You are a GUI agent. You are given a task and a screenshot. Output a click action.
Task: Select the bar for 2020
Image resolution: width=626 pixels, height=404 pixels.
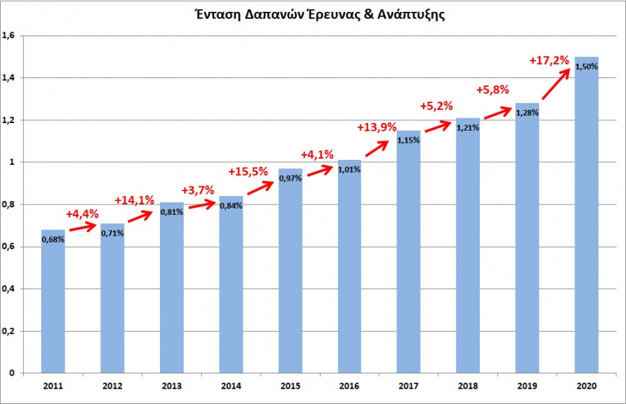[x=586, y=223]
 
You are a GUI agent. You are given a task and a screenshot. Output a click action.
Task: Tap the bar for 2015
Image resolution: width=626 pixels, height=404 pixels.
[x=290, y=278]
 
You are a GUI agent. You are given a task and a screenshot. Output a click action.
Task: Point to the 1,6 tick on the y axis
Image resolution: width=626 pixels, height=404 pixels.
[x=10, y=35]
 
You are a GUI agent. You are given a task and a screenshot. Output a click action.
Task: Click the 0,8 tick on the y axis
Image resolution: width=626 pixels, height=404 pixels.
[x=10, y=204]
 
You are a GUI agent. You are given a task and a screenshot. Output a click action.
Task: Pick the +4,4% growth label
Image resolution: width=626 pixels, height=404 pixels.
[x=82, y=213]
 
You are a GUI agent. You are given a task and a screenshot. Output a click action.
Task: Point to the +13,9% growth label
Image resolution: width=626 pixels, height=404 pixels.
[x=376, y=127]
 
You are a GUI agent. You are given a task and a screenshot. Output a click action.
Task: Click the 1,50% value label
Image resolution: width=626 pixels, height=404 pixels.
[x=586, y=67]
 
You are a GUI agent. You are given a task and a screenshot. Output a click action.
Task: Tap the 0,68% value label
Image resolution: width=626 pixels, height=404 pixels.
[x=53, y=239]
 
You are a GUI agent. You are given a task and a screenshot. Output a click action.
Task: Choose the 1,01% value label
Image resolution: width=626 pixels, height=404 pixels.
[x=349, y=170]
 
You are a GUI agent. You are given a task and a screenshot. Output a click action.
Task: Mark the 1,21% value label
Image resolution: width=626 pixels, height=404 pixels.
[x=468, y=128]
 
